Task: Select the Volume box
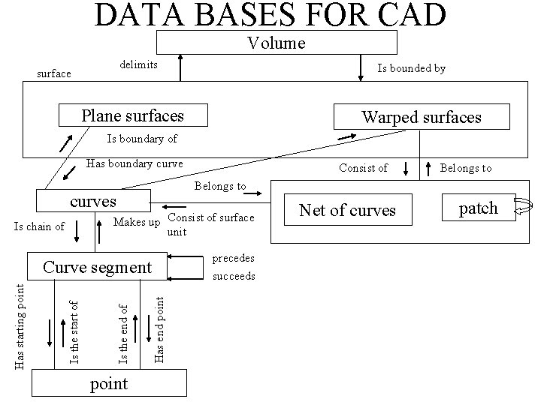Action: point(277,43)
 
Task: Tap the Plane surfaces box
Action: point(132,115)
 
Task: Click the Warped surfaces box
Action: point(422,117)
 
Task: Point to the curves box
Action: point(93,202)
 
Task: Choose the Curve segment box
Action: point(98,268)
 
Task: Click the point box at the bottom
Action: point(109,383)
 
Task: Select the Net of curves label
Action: point(348,210)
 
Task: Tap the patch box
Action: point(478,208)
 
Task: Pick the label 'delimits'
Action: point(139,65)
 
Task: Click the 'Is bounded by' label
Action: point(411,68)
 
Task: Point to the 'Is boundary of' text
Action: point(142,139)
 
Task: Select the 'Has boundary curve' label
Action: point(135,163)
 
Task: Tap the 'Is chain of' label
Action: point(39,226)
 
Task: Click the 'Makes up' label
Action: point(136,222)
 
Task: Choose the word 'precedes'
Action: point(234,258)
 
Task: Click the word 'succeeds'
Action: point(234,276)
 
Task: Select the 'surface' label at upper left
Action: point(54,73)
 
